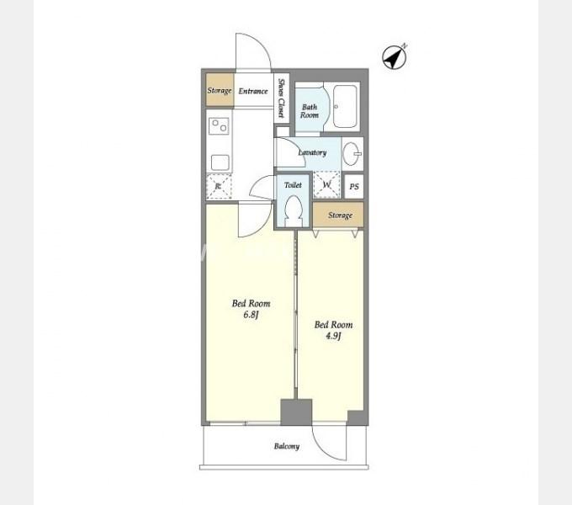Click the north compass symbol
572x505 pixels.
coord(395,56)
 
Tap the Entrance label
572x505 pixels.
coord(253,91)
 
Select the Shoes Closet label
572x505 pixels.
coord(281,98)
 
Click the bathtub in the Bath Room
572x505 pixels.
coord(345,106)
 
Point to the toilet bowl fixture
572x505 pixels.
coord(294,211)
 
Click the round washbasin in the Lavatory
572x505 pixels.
coord(352,154)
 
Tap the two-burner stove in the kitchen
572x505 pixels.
coord(219,126)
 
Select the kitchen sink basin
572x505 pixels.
coord(220,162)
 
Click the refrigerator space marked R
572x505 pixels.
coord(219,187)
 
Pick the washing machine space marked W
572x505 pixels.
coord(326,184)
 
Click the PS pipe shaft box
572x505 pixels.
coord(354,187)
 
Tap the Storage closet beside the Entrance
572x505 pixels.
coord(220,90)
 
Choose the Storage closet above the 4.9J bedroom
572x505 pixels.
coord(338,215)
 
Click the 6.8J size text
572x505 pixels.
coord(251,315)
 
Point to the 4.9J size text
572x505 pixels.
coord(333,336)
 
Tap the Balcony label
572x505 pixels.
coord(287,446)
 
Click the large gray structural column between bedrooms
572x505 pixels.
coord(296,412)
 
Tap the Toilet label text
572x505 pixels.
coord(293,185)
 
